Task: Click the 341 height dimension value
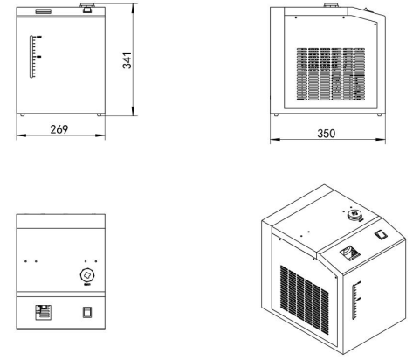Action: coord(127,60)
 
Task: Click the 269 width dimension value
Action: coord(59,129)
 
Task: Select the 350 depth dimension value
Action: coord(327,134)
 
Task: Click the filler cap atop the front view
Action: coord(86,8)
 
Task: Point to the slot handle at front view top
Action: coord(44,11)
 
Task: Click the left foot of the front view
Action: coord(22,114)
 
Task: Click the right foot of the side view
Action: coord(379,114)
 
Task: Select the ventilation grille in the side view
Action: coord(331,74)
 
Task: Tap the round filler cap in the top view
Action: coord(87,275)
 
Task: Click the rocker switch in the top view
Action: coord(87,312)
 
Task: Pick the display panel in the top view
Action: coord(44,312)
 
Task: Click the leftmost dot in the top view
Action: coord(25,261)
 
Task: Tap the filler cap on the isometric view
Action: coord(354,215)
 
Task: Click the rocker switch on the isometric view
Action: coord(381,235)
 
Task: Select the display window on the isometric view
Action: coord(350,253)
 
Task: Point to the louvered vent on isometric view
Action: coord(305,299)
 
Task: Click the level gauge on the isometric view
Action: coord(355,300)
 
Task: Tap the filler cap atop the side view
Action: coord(332,5)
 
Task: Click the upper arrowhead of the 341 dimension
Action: coord(133,10)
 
